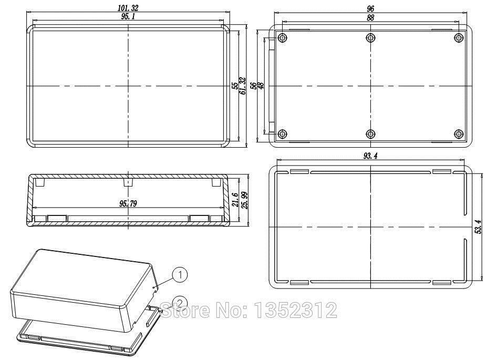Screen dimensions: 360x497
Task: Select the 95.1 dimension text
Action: (x=128, y=17)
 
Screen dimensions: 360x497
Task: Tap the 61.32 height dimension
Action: (x=242, y=86)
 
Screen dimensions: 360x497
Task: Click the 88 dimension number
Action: (x=371, y=17)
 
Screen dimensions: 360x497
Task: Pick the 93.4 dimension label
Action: (x=371, y=156)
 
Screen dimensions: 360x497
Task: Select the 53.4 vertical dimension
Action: (x=478, y=227)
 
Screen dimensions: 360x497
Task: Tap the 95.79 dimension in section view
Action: (x=127, y=203)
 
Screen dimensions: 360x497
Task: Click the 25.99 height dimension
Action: (x=244, y=200)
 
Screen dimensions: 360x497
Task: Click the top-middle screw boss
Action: (x=371, y=38)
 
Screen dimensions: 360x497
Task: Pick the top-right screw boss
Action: (x=459, y=38)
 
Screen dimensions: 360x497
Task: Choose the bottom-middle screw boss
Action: (x=371, y=133)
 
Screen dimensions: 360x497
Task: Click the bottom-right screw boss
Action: (x=459, y=133)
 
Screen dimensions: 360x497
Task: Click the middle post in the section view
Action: (x=127, y=182)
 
